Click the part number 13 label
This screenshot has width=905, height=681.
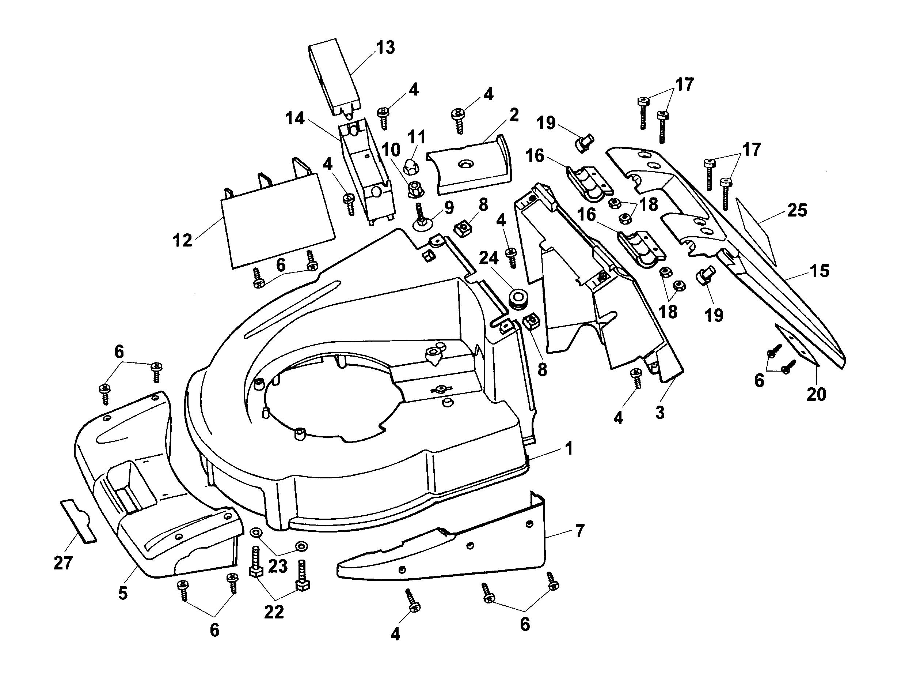(385, 48)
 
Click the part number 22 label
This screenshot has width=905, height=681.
(274, 612)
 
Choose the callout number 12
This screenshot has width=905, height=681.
(182, 240)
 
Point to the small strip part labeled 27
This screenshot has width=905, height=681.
(79, 520)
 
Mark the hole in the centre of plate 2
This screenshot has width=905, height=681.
(465, 164)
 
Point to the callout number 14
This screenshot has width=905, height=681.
(295, 119)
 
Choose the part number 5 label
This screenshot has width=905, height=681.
(123, 593)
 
